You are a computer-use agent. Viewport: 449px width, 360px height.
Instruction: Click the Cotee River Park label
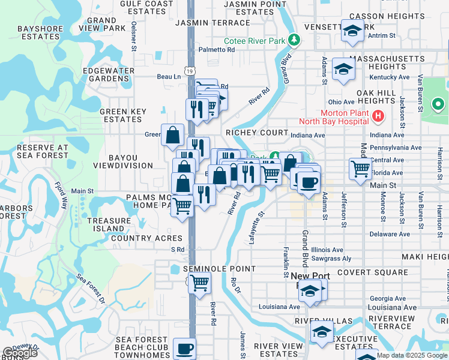[x=255, y=41]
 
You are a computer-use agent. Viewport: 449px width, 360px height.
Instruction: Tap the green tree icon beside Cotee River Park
[x=294, y=40]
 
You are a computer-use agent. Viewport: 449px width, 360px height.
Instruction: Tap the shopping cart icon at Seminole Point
[x=200, y=281]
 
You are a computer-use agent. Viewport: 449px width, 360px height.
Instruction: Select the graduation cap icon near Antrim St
[x=352, y=30]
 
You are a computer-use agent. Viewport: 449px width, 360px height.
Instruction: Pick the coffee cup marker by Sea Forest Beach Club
[x=184, y=348]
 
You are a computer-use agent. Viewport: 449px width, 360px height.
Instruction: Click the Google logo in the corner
[x=20, y=353]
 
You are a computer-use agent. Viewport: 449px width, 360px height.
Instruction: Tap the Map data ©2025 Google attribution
[x=412, y=355]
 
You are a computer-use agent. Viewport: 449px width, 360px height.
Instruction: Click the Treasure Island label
[x=109, y=224]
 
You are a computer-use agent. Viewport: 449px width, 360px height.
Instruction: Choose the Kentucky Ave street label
[x=388, y=77]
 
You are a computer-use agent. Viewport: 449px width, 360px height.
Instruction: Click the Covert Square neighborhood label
[x=373, y=272]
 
